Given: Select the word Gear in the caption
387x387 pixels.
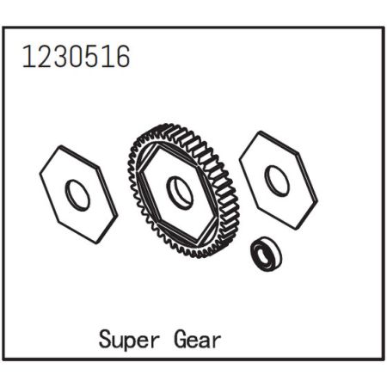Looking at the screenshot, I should [x=195, y=338].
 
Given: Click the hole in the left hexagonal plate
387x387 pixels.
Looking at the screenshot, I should [x=78, y=196].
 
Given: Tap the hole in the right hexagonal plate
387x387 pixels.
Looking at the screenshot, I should [x=277, y=180].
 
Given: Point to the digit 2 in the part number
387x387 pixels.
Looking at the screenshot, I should [x=40, y=57].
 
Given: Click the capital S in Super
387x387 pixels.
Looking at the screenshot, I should [x=104, y=338].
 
